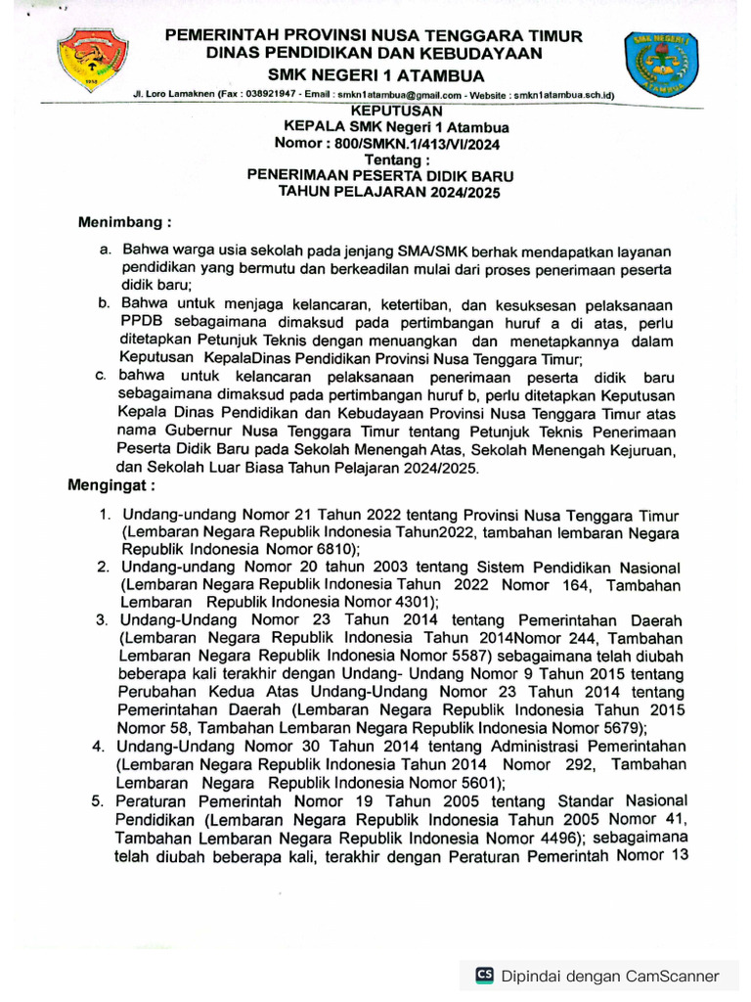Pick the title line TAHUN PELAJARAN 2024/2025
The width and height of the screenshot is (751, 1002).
click(389, 193)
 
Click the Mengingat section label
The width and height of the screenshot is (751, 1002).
click(110, 485)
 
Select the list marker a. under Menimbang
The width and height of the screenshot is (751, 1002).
click(106, 252)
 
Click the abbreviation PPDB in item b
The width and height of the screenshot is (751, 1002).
click(141, 322)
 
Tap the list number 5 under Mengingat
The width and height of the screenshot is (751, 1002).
click(99, 800)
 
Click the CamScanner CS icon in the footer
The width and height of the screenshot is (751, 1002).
click(484, 975)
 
